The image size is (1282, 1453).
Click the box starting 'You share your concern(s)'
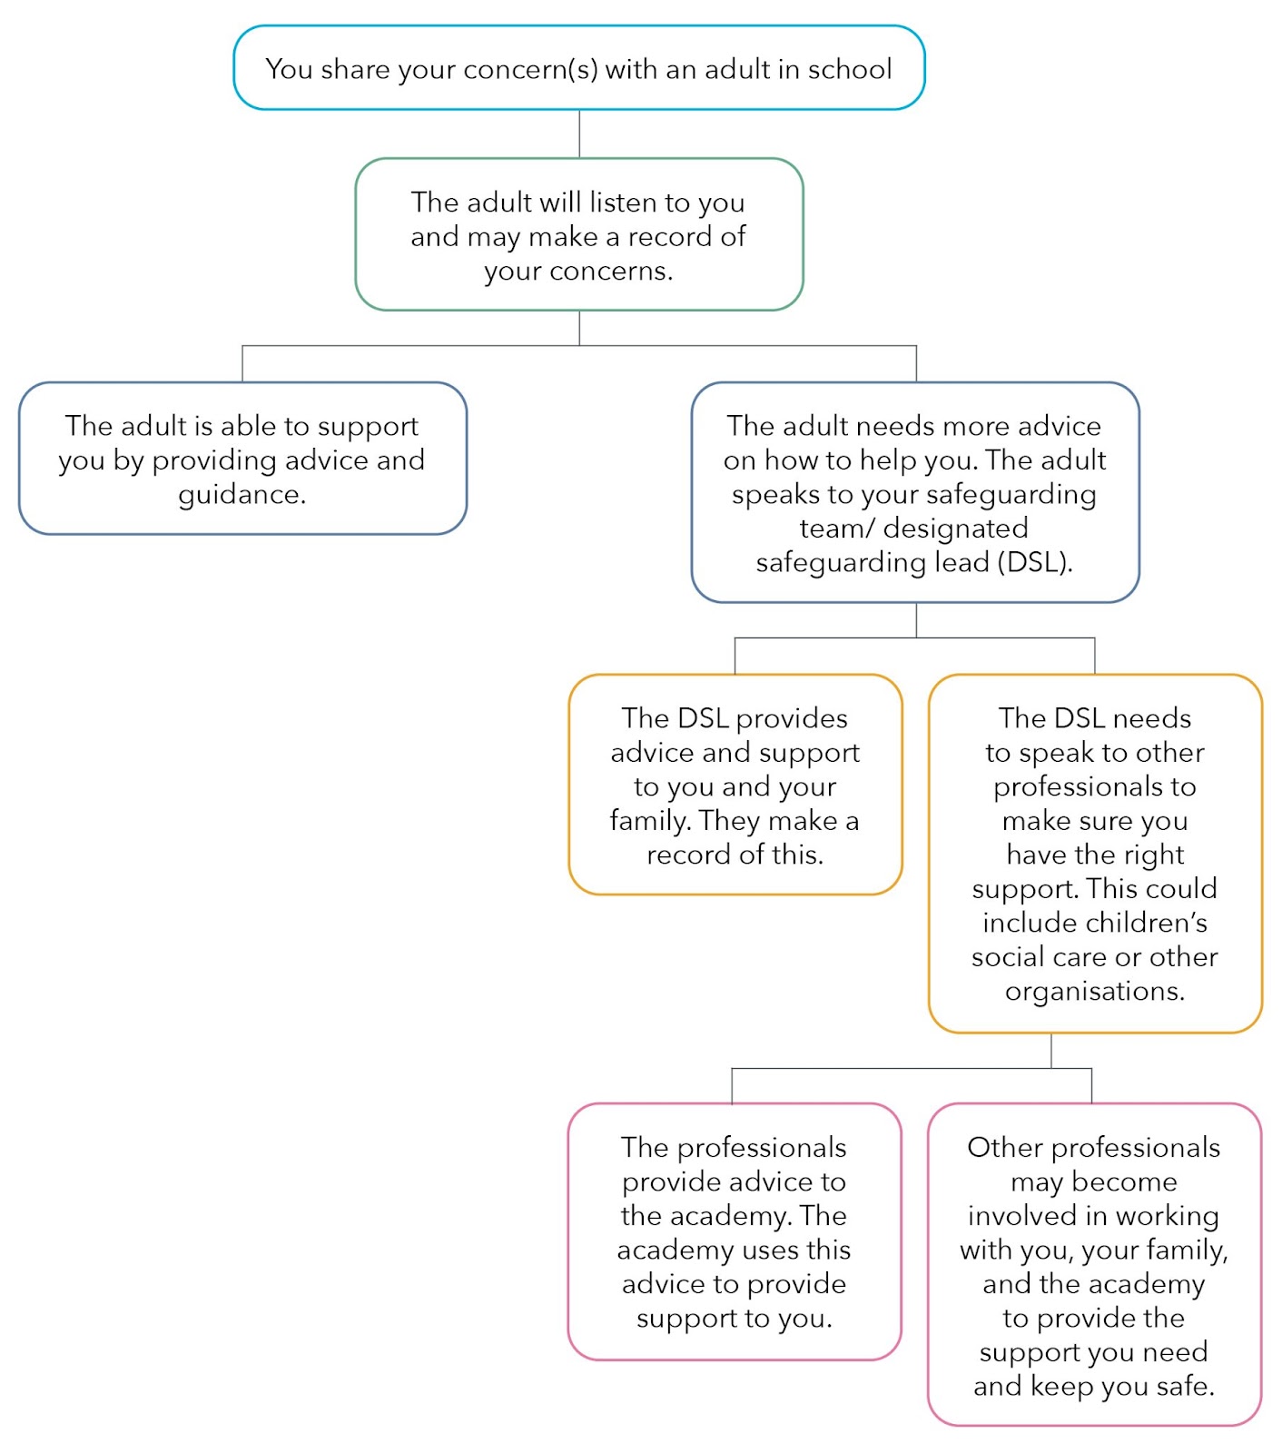[579, 68]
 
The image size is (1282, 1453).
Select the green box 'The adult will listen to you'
[579, 234]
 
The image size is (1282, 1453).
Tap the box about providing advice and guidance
[242, 459]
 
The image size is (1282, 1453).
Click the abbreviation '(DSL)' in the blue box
[1035, 562]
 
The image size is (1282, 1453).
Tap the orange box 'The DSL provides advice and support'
[735, 785]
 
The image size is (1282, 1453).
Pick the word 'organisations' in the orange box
[1095, 991]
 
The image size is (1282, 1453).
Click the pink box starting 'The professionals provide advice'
[735, 1232]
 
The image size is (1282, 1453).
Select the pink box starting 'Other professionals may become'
[1095, 1265]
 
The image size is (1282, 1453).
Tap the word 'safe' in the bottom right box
[1185, 1386]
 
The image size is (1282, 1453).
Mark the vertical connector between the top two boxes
[579, 134]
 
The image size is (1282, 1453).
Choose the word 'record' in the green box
[670, 236]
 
